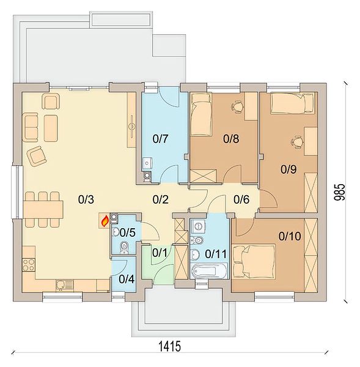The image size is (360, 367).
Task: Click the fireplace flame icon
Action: point(105,221)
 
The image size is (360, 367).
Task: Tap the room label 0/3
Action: point(86,199)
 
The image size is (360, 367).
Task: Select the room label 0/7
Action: point(161,139)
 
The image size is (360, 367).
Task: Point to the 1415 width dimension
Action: point(170,346)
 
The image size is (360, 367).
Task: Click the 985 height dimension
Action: point(340,192)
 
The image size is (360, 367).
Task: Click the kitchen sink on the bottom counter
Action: point(65,285)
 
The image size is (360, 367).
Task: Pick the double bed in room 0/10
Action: point(254,261)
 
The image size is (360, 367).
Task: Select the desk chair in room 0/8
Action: point(238,106)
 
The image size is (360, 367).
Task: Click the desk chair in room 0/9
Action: point(297,142)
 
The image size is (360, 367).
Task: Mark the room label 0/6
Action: point(241,199)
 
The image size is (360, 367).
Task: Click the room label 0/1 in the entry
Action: point(160,253)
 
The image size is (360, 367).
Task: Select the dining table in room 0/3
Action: point(43,209)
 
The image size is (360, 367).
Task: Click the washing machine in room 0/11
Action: point(198,226)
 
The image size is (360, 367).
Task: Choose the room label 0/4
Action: point(127,279)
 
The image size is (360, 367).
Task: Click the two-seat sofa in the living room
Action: point(31,127)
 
